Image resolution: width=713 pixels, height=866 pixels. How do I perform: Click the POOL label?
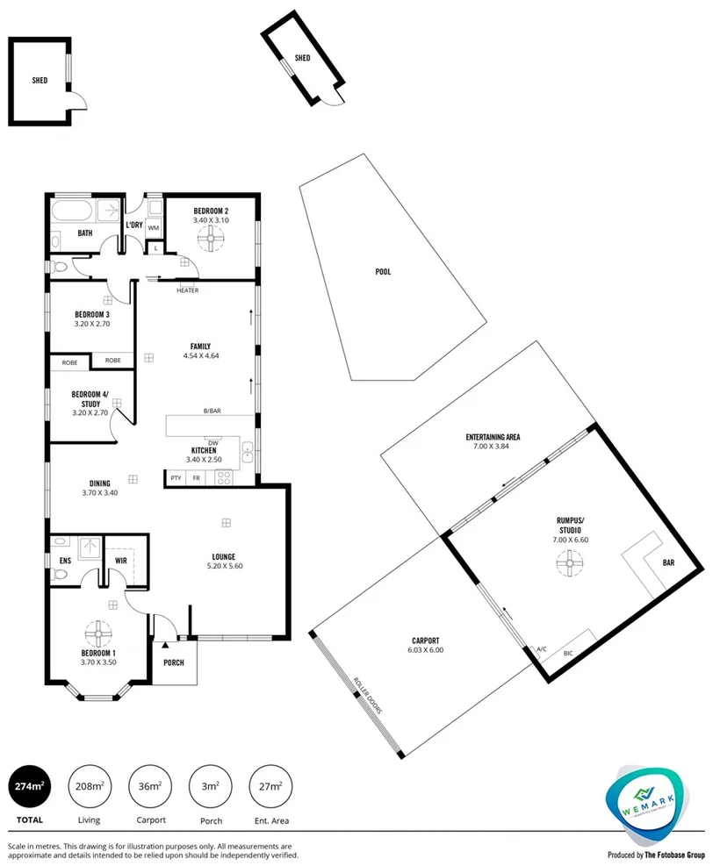383,272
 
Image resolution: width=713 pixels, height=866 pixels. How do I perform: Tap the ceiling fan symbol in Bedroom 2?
211,239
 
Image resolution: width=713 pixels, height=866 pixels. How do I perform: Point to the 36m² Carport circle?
149,786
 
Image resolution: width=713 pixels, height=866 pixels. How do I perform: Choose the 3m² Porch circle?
211,786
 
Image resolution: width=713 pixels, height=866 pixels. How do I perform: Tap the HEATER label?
187,290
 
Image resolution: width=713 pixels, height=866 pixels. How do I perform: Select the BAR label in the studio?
668,562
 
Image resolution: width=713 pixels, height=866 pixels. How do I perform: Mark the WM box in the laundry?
153,228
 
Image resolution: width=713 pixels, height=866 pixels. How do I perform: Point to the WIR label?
121,559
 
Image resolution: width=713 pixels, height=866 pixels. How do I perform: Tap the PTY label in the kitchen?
176,478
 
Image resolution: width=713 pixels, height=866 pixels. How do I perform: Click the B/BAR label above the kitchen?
212,411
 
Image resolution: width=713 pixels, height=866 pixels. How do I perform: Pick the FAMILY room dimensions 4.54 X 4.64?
201,356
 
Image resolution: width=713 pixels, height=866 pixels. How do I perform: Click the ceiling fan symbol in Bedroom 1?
96,632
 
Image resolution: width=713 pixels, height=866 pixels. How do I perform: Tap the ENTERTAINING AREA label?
493,437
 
